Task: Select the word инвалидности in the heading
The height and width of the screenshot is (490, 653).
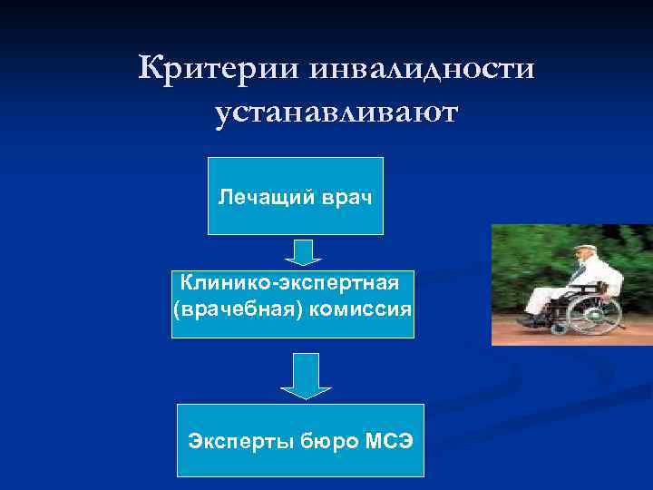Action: coord(421,69)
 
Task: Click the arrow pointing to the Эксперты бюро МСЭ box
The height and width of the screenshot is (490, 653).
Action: coord(306,376)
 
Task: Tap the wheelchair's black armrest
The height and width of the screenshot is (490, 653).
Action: coord(589,285)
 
